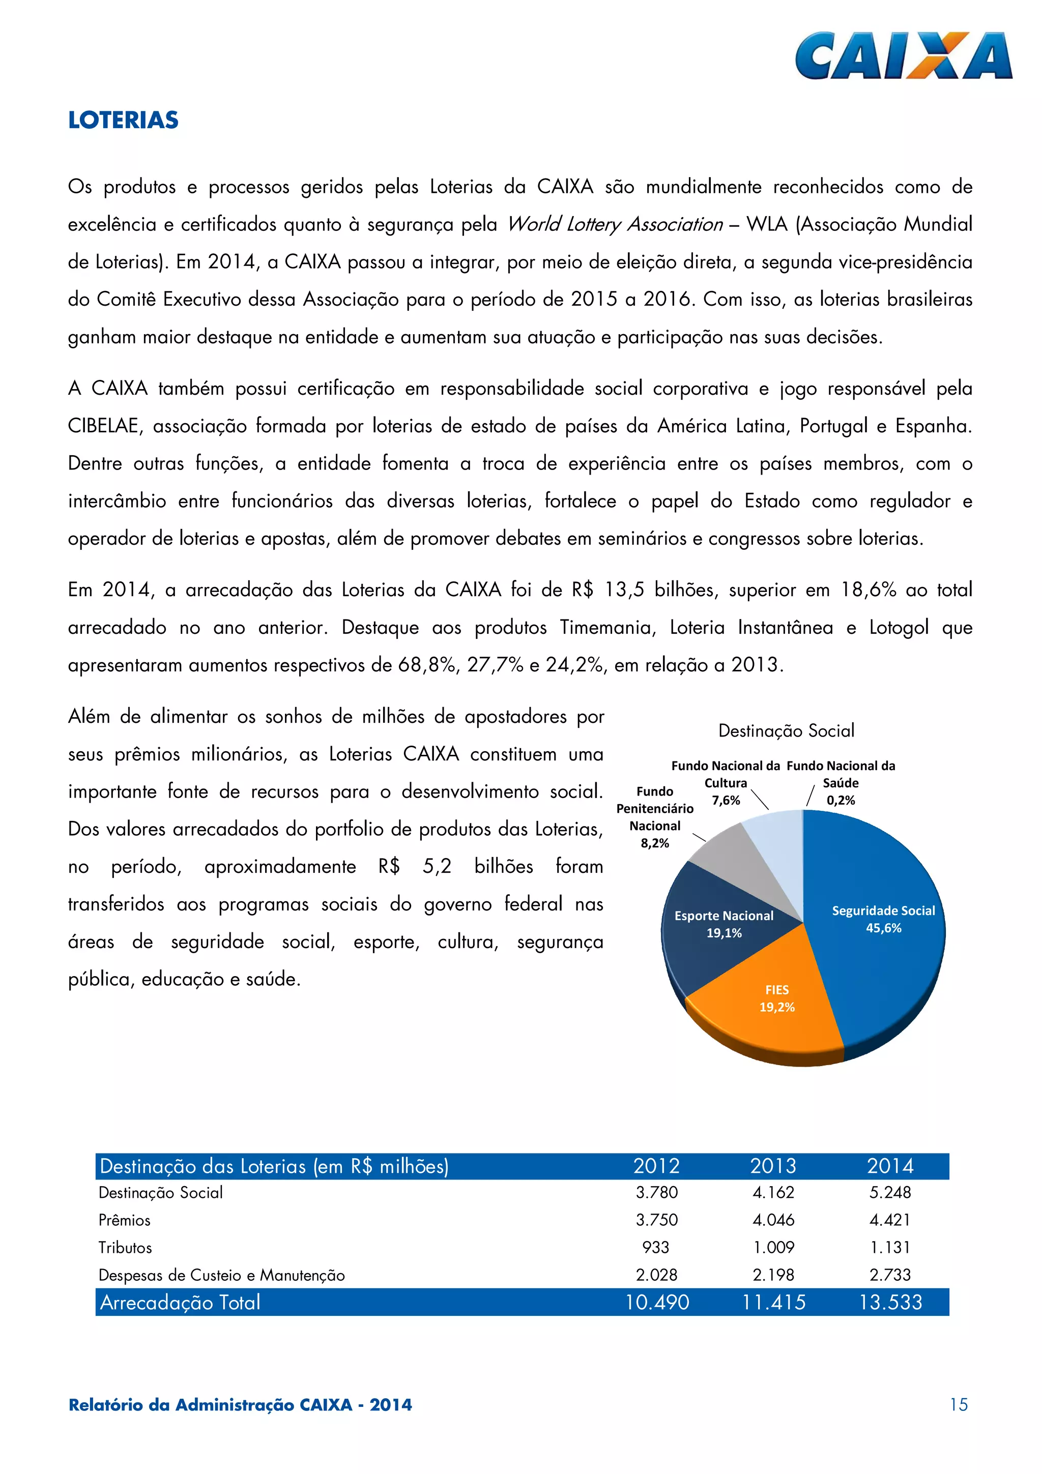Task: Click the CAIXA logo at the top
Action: pyautogui.click(x=903, y=56)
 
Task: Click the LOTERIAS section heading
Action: pyautogui.click(x=123, y=120)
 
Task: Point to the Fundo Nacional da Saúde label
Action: pyautogui.click(x=841, y=782)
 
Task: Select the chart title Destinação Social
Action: pyautogui.click(x=786, y=730)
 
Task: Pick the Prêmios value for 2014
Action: pyautogui.click(x=890, y=1219)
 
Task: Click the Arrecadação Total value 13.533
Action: pyautogui.click(x=890, y=1302)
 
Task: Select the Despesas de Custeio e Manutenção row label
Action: pyautogui.click(x=221, y=1275)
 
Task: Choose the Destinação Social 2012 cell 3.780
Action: pyautogui.click(x=656, y=1192)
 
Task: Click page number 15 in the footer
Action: pyautogui.click(x=959, y=1405)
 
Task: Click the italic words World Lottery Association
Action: pyautogui.click(x=615, y=224)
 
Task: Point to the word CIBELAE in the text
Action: pyautogui.click(x=103, y=426)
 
